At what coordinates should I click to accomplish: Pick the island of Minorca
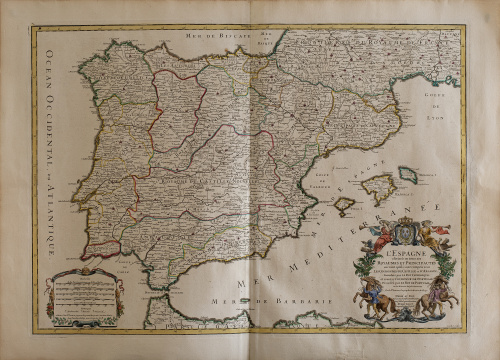(408, 174)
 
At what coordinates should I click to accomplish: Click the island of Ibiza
(343, 205)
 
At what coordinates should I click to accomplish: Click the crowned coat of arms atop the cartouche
(406, 228)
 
